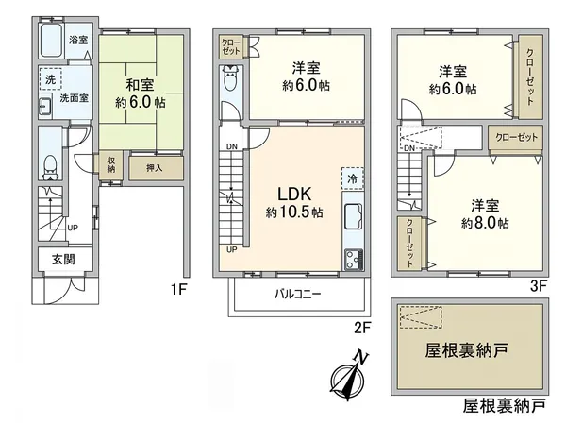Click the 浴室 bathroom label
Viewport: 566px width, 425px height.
coord(78,41)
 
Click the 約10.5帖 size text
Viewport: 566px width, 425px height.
coord(293,212)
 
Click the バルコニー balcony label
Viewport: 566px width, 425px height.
coord(297,294)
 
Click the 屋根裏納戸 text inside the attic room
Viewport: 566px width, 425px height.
coord(465,350)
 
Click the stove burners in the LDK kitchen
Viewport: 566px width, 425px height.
coord(354,258)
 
